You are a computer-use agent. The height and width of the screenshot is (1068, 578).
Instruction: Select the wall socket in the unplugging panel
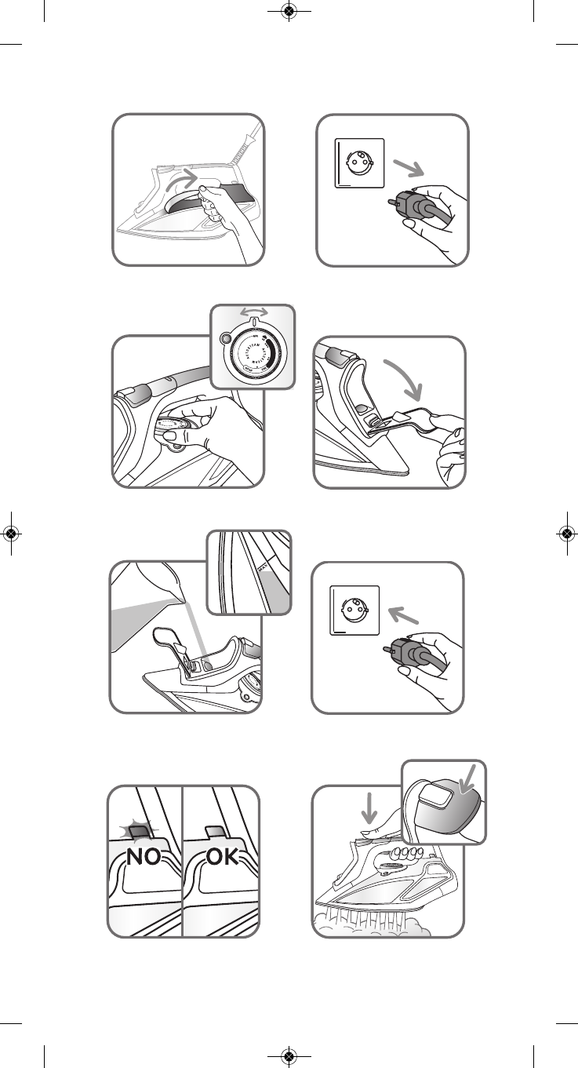click(x=360, y=162)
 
